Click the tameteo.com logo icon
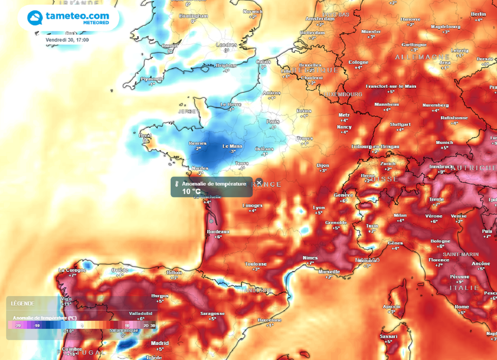click(34, 18)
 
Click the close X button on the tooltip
click(259, 182)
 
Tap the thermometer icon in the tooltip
click(177, 184)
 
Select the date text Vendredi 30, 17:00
click(67, 40)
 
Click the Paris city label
click(273, 122)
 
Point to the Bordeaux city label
click(218, 232)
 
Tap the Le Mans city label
click(232, 146)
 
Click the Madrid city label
click(160, 343)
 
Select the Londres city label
click(226, 45)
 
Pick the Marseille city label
click(329, 272)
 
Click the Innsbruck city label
click(441, 166)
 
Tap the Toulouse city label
click(256, 264)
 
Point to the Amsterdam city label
click(320, 19)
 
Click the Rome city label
click(462, 307)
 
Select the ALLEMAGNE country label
click(416, 57)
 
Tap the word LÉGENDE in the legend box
click(22, 303)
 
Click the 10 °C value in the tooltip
click(191, 191)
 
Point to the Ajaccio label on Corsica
click(391, 307)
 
